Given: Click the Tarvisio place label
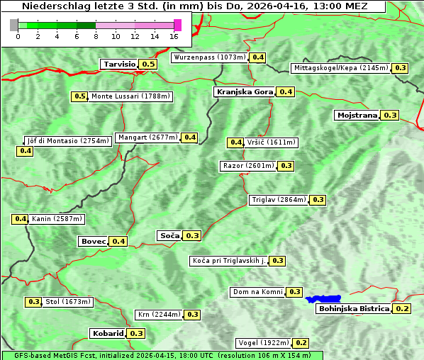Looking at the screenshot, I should tap(118, 64).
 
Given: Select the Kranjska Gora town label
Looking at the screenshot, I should tap(244, 91).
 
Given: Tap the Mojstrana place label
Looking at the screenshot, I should tap(357, 115).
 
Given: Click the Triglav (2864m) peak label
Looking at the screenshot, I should tap(279, 200).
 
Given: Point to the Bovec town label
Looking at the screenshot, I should tap(93, 241).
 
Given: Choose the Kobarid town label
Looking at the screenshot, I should tap(107, 333).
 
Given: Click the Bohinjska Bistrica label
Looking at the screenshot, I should tap(354, 308).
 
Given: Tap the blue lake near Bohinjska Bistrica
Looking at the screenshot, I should tap(323, 299).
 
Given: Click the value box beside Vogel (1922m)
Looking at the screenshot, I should tap(301, 343).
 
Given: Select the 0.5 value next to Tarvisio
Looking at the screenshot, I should tap(148, 64).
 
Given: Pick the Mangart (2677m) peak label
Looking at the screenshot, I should tap(147, 137).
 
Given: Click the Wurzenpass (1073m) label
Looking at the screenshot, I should tap(210, 57).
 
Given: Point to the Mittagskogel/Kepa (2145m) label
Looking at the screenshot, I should tap(340, 68).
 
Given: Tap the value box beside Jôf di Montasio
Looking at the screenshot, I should tap(25, 151).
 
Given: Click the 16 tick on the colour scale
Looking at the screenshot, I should tap(174, 36).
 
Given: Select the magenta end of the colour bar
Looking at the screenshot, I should tap(177, 25).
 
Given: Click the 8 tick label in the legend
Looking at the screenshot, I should tap(96, 36).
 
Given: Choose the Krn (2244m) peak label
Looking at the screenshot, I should tap(158, 315).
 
